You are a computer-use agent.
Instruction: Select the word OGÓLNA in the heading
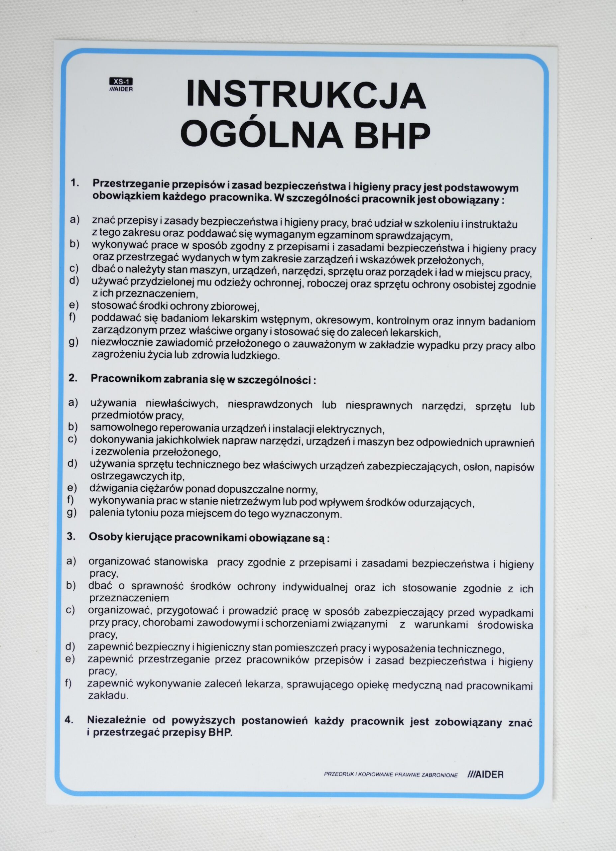coord(262,136)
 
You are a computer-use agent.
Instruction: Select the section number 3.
coord(71,537)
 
